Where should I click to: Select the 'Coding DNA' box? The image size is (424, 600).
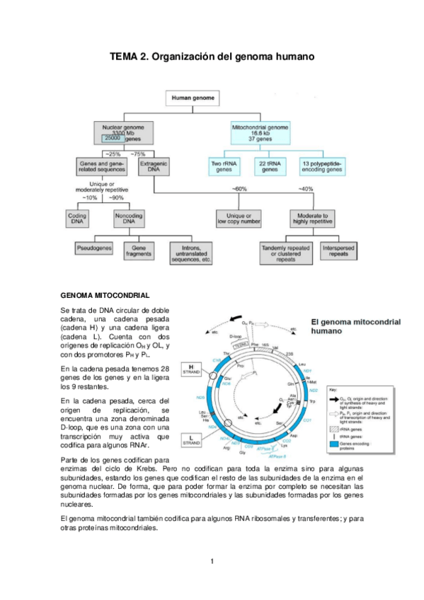point(76,218)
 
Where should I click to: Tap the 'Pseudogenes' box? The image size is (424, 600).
point(96,250)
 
